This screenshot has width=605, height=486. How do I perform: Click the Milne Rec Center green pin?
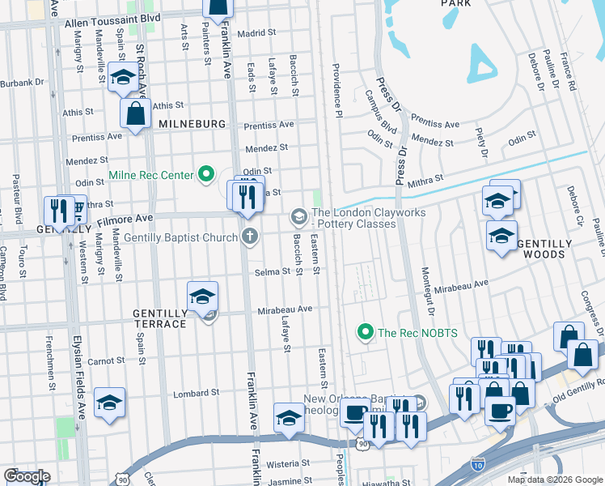pos(205,174)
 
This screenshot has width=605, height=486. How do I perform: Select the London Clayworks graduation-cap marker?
pos(298,216)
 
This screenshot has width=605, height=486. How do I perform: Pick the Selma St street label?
pos(273,271)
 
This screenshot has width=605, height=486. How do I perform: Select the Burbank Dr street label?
pos(22,83)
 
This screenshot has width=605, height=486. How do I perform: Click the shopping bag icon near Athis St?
pos(136,113)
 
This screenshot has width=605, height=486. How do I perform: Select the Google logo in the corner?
pos(26,476)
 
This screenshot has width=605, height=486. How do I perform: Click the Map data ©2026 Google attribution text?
pos(555,480)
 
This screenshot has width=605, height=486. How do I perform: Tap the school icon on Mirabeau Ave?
pos(203,296)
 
